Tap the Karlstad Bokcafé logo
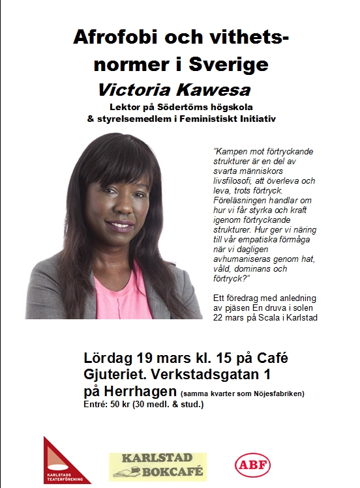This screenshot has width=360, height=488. click(157, 466)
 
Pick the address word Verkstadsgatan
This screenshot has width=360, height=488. click(211, 375)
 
